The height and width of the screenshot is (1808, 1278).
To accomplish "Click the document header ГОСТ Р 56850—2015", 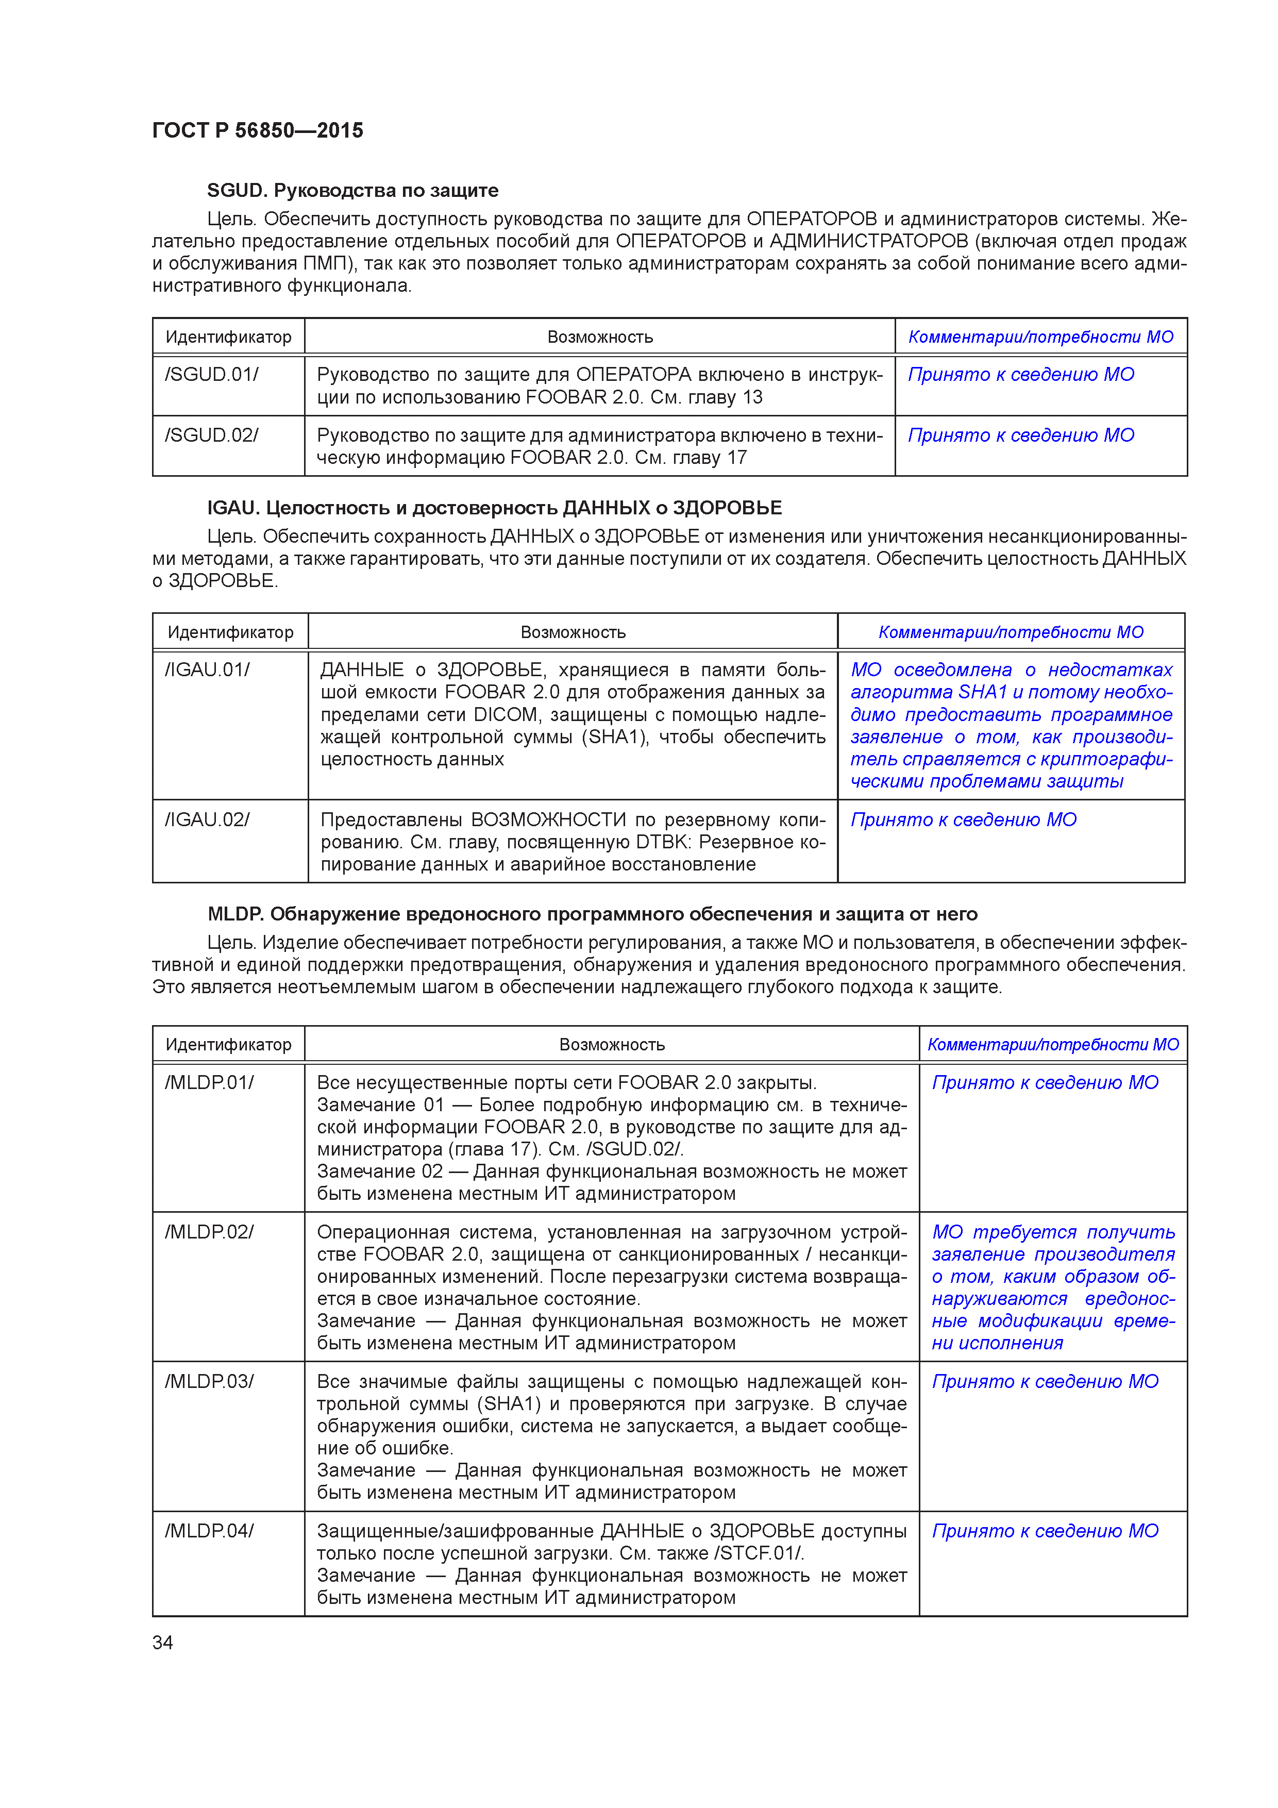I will tap(258, 131).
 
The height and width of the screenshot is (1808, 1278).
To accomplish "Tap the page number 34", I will tap(162, 1642).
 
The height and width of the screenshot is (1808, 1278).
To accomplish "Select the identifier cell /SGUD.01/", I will tap(211, 375).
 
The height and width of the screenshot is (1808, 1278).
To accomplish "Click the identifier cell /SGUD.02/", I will tap(211, 436).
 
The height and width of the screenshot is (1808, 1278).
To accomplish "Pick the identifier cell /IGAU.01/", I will tap(207, 670).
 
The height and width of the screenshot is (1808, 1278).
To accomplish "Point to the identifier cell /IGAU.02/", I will tap(207, 820).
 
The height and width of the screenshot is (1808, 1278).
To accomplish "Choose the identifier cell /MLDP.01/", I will tap(209, 1083).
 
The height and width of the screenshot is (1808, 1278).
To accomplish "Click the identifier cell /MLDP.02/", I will tap(209, 1232).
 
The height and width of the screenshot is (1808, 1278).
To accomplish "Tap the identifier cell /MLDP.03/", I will tap(209, 1382).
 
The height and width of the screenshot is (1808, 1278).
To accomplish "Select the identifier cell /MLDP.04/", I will tap(209, 1532).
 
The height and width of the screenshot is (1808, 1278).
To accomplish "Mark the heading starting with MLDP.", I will tap(592, 914).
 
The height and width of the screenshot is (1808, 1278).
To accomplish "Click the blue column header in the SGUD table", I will tap(1040, 337).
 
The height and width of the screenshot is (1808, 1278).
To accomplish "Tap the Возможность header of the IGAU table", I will tap(573, 632).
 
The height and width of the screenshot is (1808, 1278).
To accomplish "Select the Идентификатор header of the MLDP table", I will tap(228, 1045).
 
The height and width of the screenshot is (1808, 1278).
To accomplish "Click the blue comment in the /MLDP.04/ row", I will tap(1045, 1532).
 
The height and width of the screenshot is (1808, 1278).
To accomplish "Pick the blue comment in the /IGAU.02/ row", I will tap(963, 820).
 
